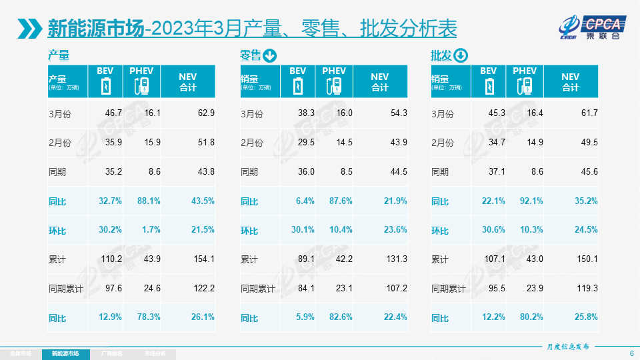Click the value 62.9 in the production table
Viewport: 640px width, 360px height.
tap(206, 113)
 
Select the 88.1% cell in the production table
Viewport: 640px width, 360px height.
tap(147, 201)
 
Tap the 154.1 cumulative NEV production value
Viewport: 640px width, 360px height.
tap(203, 259)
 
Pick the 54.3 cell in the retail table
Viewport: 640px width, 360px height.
tap(398, 113)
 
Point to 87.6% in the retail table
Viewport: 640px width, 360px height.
tap(339, 201)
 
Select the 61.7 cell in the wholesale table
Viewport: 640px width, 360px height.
tap(589, 113)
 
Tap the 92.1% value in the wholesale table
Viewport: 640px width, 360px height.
tap(531, 201)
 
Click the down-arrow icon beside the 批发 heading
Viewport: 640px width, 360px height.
tap(461, 55)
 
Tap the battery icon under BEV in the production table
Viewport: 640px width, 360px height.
tap(105, 86)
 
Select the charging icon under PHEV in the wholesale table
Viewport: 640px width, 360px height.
tap(525, 86)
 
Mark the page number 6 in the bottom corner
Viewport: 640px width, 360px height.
tap(631, 353)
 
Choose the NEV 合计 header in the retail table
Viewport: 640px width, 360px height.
tap(379, 81)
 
